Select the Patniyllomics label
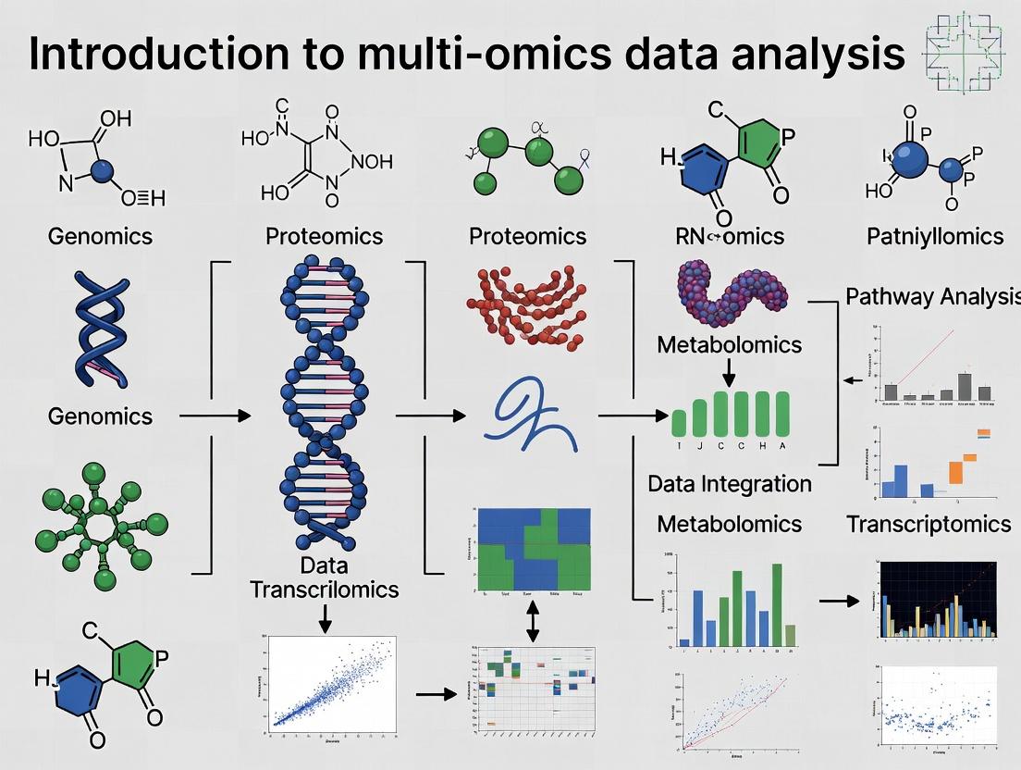tap(935, 236)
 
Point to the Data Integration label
tap(730, 483)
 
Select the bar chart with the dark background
tap(938, 602)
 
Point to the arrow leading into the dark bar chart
tap(839, 602)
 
